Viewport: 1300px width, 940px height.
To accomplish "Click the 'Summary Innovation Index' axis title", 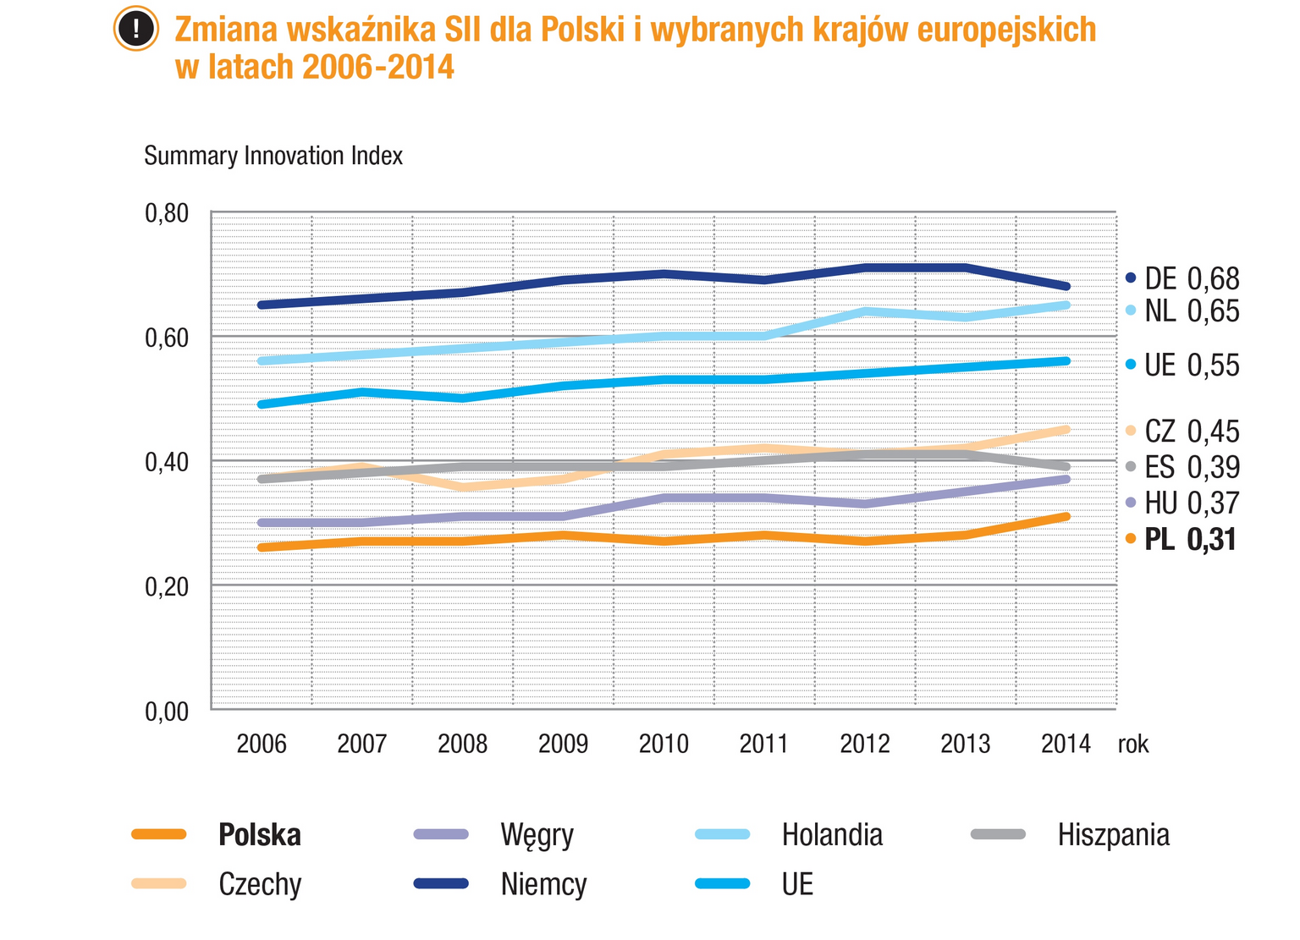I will (273, 156).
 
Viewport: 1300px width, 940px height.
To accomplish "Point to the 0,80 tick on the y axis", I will (167, 213).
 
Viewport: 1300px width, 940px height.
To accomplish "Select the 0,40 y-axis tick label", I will (167, 462).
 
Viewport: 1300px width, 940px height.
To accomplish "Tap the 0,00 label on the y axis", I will (167, 712).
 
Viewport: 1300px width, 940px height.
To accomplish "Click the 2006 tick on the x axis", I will (262, 744).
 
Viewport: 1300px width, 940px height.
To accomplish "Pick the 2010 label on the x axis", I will (664, 744).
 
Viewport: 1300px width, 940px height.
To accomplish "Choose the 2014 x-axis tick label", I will (1066, 744).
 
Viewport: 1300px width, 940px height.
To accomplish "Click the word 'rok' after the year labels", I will (1133, 744).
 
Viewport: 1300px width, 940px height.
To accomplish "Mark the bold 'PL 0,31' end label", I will (1190, 539).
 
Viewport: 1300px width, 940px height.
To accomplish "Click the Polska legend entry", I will (259, 835).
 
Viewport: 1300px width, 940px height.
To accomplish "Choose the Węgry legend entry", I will (537, 835).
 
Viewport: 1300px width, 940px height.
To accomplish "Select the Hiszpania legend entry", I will (1113, 835).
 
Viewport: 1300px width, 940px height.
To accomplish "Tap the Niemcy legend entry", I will (543, 884).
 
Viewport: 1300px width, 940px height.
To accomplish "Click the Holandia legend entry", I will (831, 835).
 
